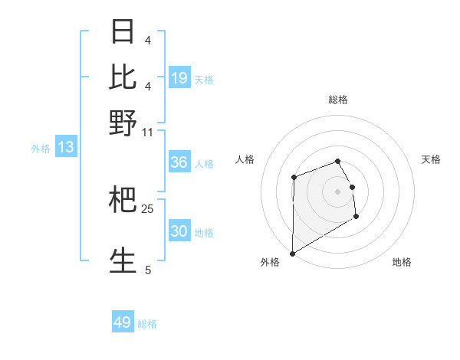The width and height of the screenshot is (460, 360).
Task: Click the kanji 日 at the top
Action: point(123,32)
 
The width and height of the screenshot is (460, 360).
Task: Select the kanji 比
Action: point(123,77)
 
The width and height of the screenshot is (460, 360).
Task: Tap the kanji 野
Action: point(123,123)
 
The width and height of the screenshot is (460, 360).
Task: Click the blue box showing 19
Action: point(179,78)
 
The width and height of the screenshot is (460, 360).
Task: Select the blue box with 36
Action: point(179,162)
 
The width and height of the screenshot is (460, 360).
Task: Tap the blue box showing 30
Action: point(179,231)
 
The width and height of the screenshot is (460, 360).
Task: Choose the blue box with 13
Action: point(65,147)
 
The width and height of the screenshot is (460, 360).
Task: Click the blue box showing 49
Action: point(123,322)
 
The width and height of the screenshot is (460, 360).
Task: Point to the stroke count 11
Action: point(148,133)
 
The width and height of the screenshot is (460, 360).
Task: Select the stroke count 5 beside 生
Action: point(148,270)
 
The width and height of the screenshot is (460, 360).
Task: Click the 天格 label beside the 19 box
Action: point(204,79)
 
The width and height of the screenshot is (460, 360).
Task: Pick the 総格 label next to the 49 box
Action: point(147,324)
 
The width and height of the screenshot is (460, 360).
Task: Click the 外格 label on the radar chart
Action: point(270,262)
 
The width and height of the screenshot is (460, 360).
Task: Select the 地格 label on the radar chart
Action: point(402,262)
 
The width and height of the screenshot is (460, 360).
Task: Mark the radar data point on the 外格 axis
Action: point(292,253)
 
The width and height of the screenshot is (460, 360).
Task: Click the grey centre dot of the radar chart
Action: point(337,191)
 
